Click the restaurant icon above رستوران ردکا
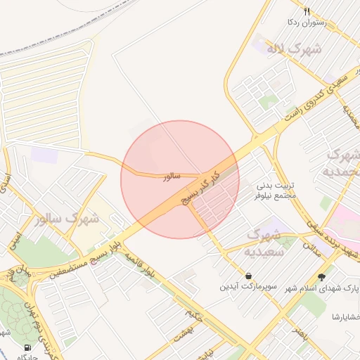(x=307, y=11)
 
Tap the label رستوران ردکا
(x=303, y=22)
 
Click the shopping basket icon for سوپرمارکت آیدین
(x=248, y=276)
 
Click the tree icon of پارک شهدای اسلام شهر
(x=322, y=276)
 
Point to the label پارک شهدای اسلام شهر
(x=325, y=288)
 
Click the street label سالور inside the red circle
(x=172, y=177)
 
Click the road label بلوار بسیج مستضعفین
(x=77, y=258)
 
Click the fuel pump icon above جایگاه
(x=27, y=347)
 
